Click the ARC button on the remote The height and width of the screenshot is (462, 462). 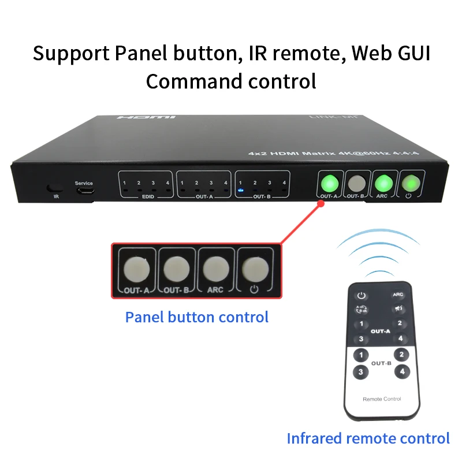click(x=398, y=295)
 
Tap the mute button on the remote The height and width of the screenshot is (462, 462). click(x=398, y=308)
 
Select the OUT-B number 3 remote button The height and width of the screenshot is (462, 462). click(x=361, y=372)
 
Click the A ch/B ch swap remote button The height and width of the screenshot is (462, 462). click(x=362, y=308)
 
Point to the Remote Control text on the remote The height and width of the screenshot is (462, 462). click(x=381, y=399)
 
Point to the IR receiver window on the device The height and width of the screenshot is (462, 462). click(x=56, y=188)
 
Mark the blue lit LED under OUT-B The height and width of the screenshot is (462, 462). click(x=240, y=190)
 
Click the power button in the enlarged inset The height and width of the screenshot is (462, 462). click(x=255, y=269)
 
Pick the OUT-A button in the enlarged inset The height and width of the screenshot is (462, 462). click(x=136, y=269)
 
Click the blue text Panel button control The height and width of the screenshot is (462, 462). click(x=197, y=317)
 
